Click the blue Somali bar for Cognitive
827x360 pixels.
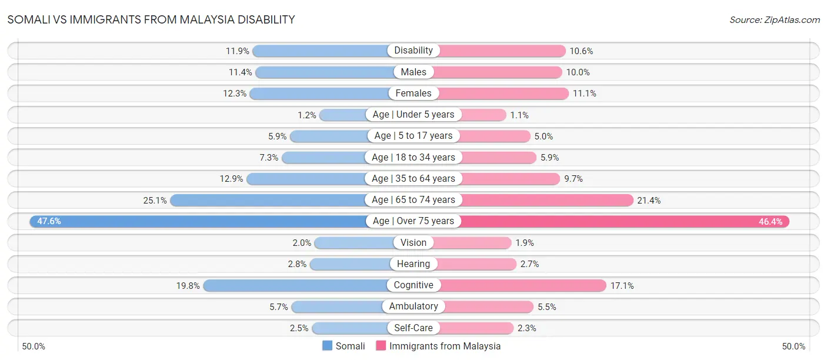[x=294, y=285]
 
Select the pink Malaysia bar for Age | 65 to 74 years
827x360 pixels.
[x=547, y=200]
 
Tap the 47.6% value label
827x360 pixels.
[x=49, y=221]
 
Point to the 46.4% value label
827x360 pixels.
[x=771, y=221]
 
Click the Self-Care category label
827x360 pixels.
[x=413, y=328]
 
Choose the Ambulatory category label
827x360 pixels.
[x=413, y=306]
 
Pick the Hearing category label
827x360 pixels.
[x=413, y=264]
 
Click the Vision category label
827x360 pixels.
[x=413, y=242]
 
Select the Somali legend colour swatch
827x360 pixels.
[x=327, y=346]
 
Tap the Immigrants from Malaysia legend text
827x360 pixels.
[x=445, y=346]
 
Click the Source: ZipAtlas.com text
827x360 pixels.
[x=774, y=19]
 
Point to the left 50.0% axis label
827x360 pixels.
[x=34, y=346]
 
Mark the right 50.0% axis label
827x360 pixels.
[x=793, y=346]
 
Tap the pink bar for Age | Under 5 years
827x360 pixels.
[x=482, y=115]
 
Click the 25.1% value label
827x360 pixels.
[x=155, y=200]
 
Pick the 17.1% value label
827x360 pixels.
[x=621, y=285]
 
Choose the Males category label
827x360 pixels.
[x=413, y=72]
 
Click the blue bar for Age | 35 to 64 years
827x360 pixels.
[x=306, y=178]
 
